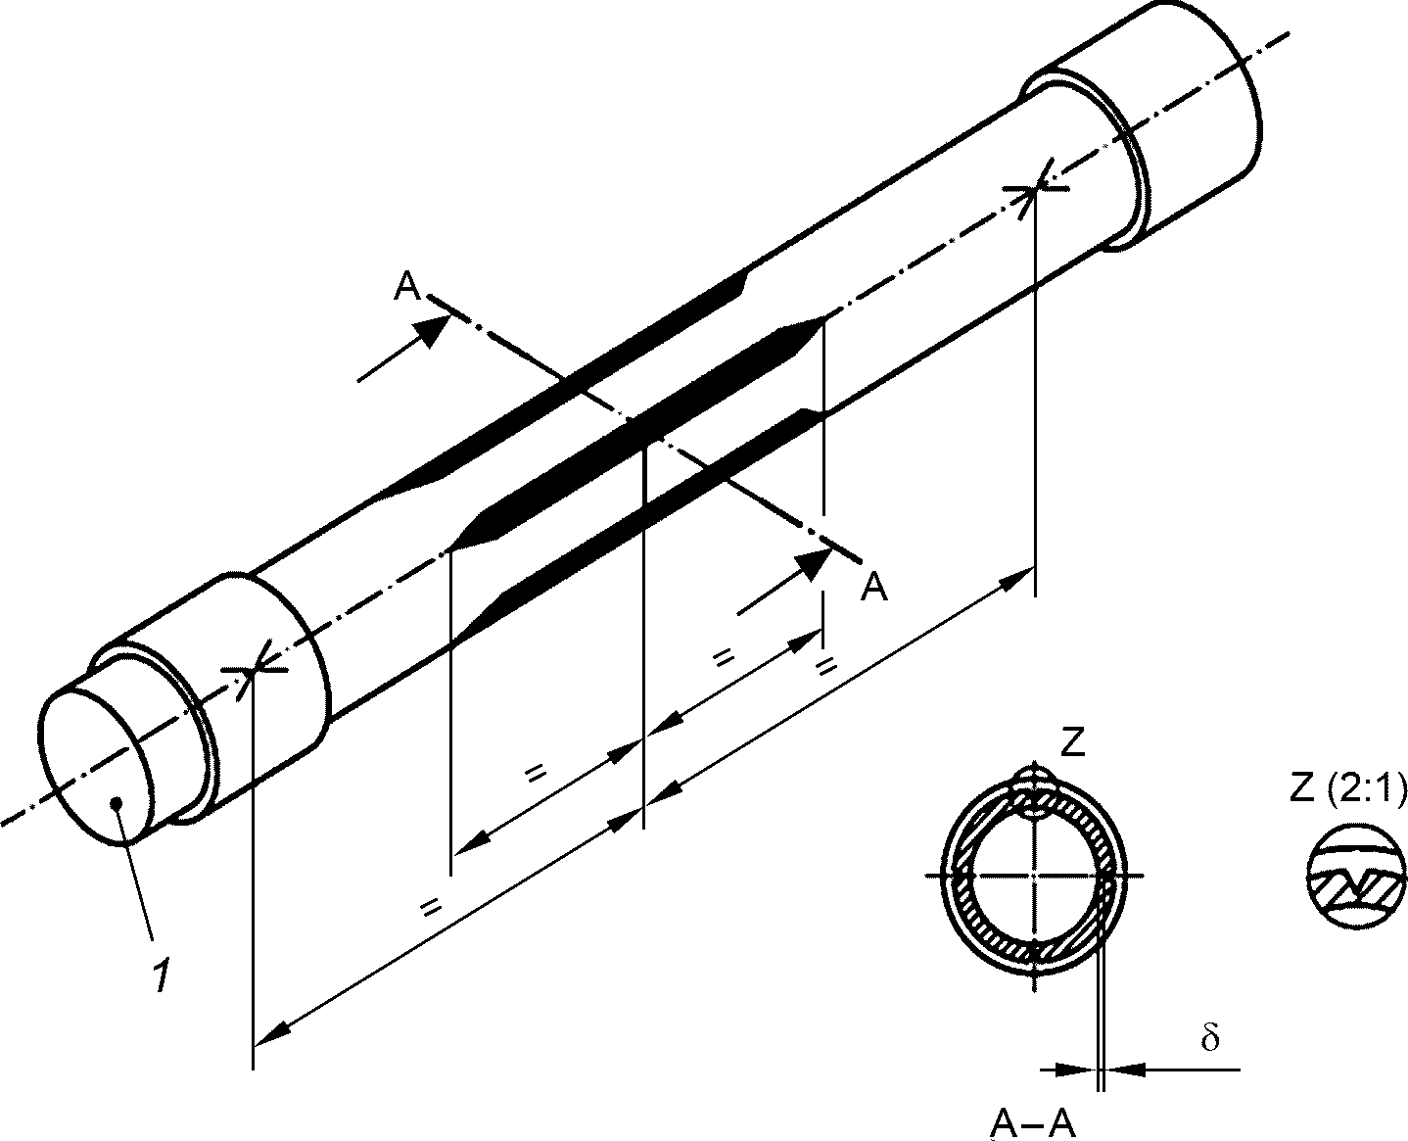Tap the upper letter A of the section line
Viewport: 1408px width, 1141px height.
click(x=407, y=287)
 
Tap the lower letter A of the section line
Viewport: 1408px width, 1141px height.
click(x=874, y=587)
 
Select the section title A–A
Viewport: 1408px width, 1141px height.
click(x=1033, y=1124)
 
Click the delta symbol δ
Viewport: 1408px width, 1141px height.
click(x=1209, y=1038)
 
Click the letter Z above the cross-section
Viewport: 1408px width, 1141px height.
click(x=1073, y=743)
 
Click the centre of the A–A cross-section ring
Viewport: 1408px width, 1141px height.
click(x=1034, y=876)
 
